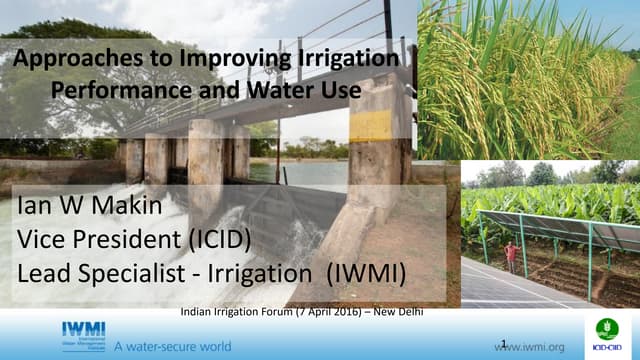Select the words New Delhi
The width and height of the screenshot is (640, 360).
(x=398, y=311)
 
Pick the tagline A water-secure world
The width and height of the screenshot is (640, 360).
(x=172, y=346)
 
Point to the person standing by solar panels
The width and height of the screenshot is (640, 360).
(x=511, y=258)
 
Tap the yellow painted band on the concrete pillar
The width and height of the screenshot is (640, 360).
(x=370, y=125)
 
